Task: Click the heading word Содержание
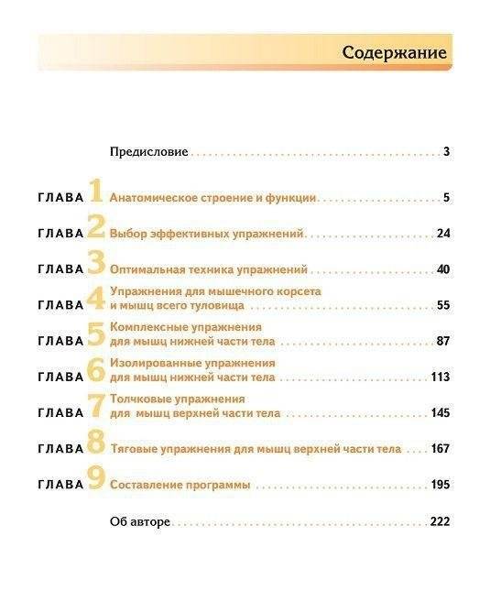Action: [395, 52]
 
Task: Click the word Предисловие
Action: [148, 151]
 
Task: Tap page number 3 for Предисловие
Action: [446, 151]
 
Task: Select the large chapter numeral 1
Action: [96, 192]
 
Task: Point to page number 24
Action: [443, 234]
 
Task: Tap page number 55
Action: [443, 305]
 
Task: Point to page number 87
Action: [443, 341]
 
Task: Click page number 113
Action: [441, 377]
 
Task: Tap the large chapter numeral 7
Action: [96, 407]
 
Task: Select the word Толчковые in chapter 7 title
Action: [138, 399]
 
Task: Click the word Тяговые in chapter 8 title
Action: [134, 449]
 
